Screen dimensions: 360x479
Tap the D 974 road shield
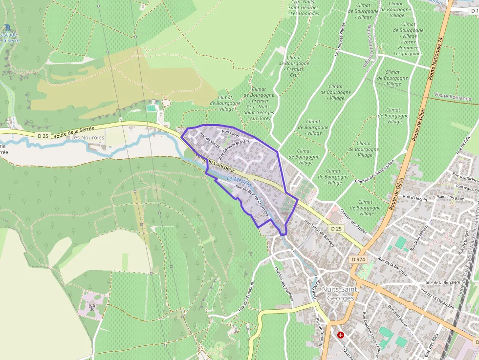pyautogui.click(x=358, y=259)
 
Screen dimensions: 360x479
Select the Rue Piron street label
pyautogui.click(x=230, y=133)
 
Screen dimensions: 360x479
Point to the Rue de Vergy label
pyautogui.click(x=210, y=141)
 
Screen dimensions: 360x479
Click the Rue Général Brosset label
pyautogui.click(x=234, y=148)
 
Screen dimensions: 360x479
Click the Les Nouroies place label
pyautogui.click(x=88, y=138)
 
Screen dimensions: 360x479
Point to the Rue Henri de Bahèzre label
pyautogui.click(x=320, y=233)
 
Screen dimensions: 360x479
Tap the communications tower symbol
pyautogui.click(x=91, y=307)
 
